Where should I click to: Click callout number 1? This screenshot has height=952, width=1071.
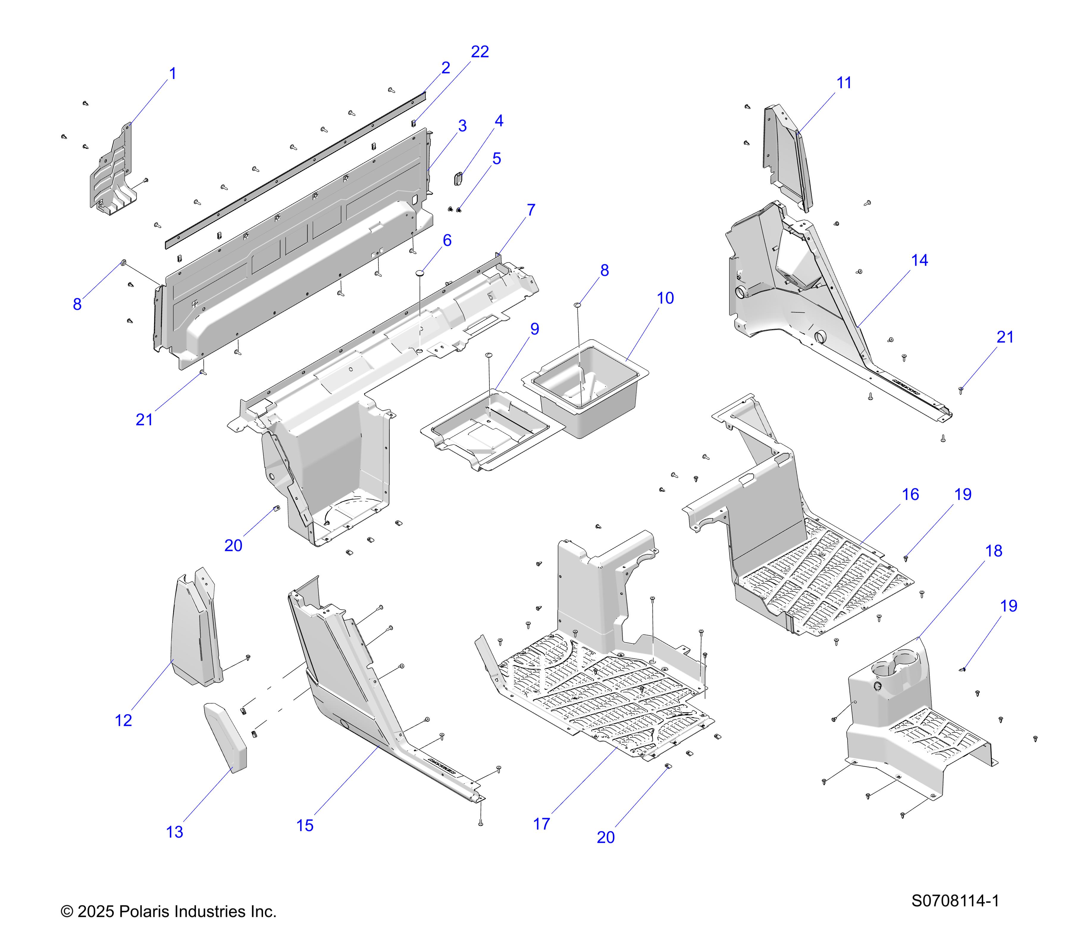(172, 74)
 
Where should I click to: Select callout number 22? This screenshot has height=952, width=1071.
(480, 52)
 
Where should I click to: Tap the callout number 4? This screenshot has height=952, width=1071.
(499, 121)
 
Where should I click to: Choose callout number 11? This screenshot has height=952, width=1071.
(844, 83)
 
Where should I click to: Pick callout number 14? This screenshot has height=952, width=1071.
(920, 260)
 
